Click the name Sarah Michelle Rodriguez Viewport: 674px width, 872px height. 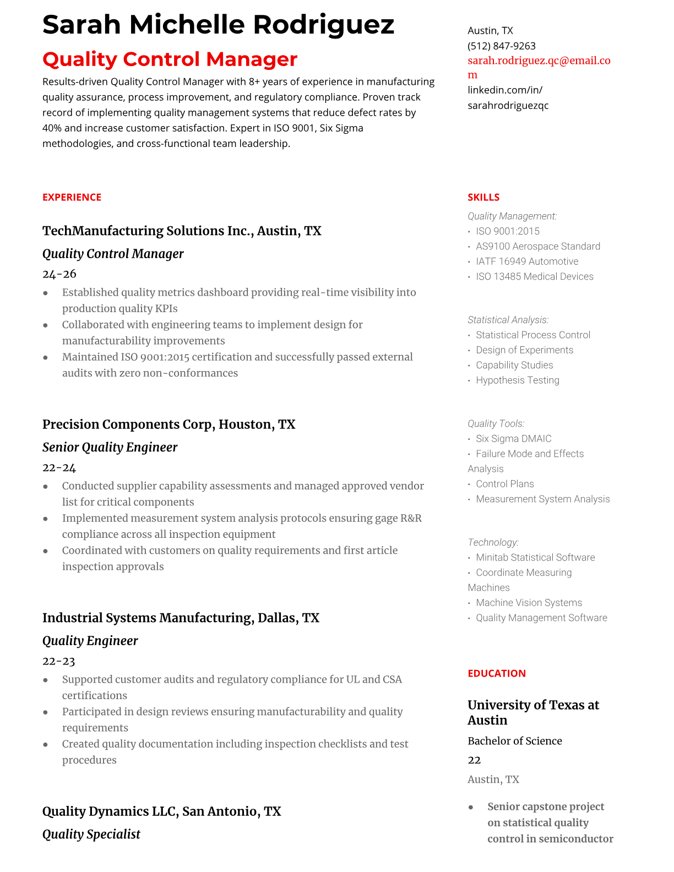tap(218, 25)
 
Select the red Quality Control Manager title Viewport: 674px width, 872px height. tap(170, 59)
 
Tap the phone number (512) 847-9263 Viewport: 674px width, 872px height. tap(501, 46)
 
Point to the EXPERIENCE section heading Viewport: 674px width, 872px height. tap(72, 197)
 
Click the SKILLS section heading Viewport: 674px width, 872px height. tap(483, 197)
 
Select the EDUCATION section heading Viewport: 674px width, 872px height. tap(496, 673)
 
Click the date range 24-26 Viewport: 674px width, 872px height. tap(59, 274)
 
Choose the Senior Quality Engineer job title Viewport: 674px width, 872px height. tap(110, 447)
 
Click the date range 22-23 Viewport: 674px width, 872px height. tap(58, 661)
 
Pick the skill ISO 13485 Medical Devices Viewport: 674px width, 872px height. tap(534, 276)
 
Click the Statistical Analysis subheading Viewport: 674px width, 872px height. tap(508, 320)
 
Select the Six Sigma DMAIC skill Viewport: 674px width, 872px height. tap(513, 439)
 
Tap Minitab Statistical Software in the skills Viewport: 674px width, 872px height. tap(535, 558)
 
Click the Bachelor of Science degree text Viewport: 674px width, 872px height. tap(514, 741)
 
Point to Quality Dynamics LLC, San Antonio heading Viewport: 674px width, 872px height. tap(161, 811)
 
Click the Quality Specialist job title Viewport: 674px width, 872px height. tap(91, 834)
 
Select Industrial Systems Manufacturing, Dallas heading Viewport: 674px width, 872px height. tap(181, 618)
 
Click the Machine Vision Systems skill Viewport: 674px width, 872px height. tap(529, 603)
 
